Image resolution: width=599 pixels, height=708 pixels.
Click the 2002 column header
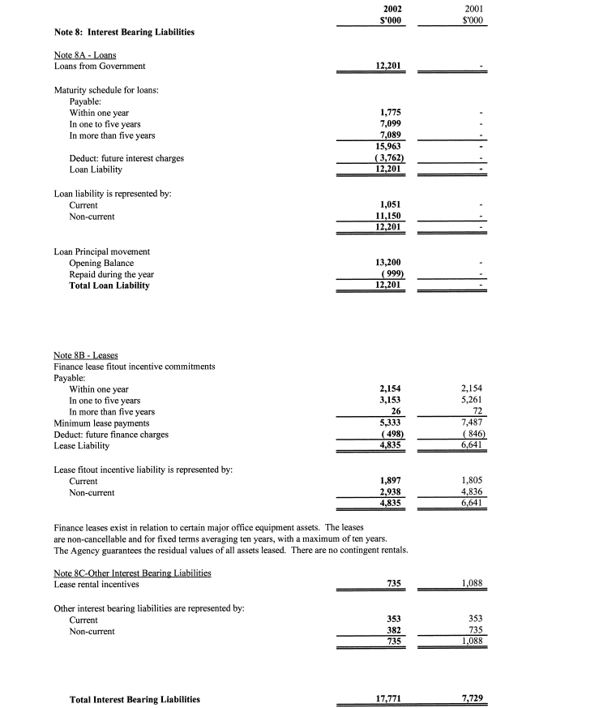pos(391,10)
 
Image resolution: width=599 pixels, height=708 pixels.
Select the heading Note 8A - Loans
pos(84,54)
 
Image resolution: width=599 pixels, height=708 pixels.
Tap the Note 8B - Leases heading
pos(85,355)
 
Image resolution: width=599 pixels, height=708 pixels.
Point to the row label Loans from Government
pos(100,66)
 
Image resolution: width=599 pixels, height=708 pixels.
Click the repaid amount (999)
pos(391,274)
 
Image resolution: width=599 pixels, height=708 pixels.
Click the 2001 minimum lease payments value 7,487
pos(472,423)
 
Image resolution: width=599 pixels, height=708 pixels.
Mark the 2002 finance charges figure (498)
pos(391,435)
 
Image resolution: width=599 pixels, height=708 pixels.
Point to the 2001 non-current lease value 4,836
pos(472,492)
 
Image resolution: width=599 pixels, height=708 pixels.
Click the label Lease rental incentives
pos(96,584)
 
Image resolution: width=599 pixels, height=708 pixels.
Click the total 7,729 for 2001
pos(472,699)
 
